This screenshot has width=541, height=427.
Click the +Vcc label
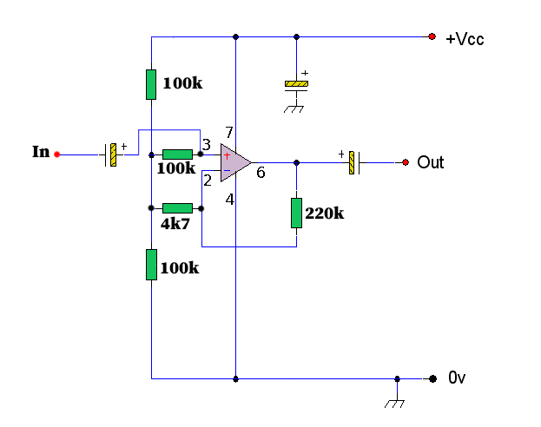point(465,39)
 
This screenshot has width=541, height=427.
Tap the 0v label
point(458,378)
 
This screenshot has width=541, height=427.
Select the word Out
point(431,162)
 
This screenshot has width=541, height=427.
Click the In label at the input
point(41,152)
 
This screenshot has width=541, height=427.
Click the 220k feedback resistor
point(297,213)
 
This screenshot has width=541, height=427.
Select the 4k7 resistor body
point(177,208)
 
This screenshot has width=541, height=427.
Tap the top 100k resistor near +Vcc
point(151,84)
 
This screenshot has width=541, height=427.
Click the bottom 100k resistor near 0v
point(151,264)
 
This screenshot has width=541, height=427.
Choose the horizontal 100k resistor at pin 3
point(177,154)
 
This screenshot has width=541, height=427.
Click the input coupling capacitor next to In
point(112,155)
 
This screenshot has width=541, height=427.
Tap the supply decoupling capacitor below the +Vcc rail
point(297,84)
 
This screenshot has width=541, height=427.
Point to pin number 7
point(229,133)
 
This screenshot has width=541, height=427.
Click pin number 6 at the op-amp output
point(260,173)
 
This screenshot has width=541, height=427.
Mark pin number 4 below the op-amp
point(230,199)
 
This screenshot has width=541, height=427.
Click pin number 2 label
point(208,181)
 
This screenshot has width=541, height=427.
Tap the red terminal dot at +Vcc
point(432,36)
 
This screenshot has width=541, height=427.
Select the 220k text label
point(325,213)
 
